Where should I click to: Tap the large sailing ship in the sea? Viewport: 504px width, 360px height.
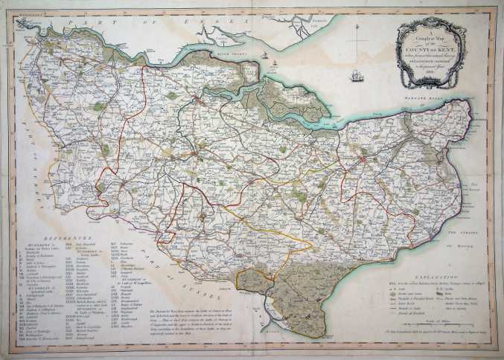click(356, 75)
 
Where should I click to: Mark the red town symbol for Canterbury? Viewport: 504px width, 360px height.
click(363, 159)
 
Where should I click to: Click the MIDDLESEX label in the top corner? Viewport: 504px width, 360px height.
click(22, 12)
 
